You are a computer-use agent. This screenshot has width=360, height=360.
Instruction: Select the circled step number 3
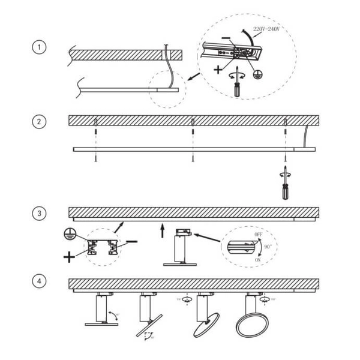pyautogui.click(x=38, y=213)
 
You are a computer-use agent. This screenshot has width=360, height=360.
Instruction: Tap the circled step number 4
pyautogui.click(x=38, y=280)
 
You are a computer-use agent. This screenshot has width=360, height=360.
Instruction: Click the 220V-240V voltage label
pyautogui.click(x=268, y=29)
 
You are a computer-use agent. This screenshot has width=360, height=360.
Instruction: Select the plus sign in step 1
pyautogui.click(x=217, y=70)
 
